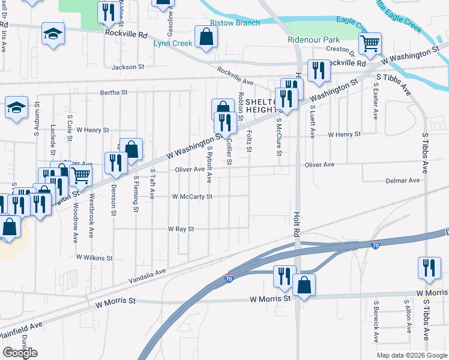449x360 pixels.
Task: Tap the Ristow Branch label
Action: (235, 23)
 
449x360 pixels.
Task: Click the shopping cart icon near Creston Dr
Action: (370, 43)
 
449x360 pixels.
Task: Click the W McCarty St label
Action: (192, 196)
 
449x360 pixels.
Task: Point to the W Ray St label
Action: (181, 229)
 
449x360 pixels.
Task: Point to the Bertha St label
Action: (114, 92)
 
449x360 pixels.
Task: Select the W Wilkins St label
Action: (94, 257)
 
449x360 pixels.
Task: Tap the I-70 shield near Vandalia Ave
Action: (228, 278)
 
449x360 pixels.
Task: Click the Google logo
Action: (20, 353)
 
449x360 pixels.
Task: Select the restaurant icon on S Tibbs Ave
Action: (429, 268)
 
